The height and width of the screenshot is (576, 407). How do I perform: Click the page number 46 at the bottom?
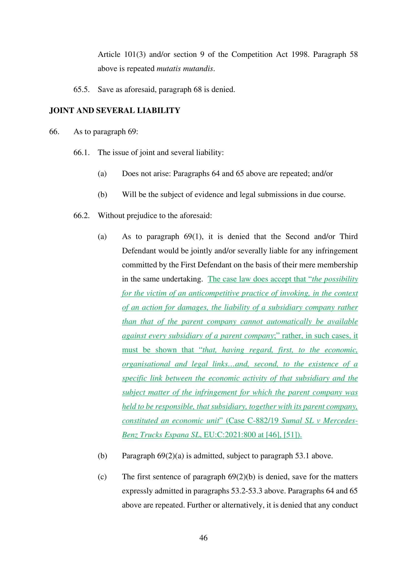click(x=203, y=537)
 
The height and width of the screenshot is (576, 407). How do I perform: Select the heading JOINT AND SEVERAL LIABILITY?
click(x=114, y=110)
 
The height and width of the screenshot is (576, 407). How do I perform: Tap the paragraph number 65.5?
click(x=81, y=90)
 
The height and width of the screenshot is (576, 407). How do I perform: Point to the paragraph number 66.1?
click(x=81, y=152)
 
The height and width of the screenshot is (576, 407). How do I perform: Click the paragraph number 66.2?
click(x=81, y=215)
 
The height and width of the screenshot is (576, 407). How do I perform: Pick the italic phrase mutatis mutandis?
click(x=185, y=68)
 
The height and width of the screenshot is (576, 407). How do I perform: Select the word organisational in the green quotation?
click(x=146, y=364)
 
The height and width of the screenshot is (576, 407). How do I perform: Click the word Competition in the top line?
click(x=252, y=54)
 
